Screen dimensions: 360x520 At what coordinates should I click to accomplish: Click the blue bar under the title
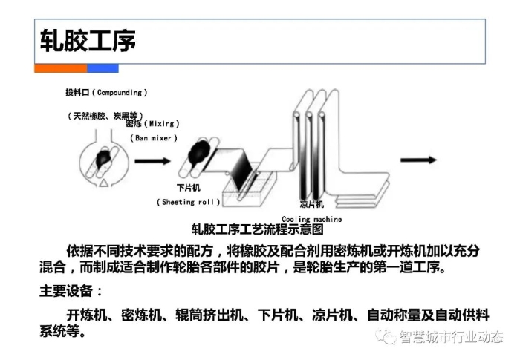point(103,68)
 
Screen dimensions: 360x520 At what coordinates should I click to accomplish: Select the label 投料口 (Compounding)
point(105,93)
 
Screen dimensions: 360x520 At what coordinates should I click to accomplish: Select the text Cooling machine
point(311,219)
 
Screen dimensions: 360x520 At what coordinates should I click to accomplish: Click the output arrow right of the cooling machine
point(417,159)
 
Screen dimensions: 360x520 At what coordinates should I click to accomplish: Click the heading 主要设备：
point(71,289)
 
